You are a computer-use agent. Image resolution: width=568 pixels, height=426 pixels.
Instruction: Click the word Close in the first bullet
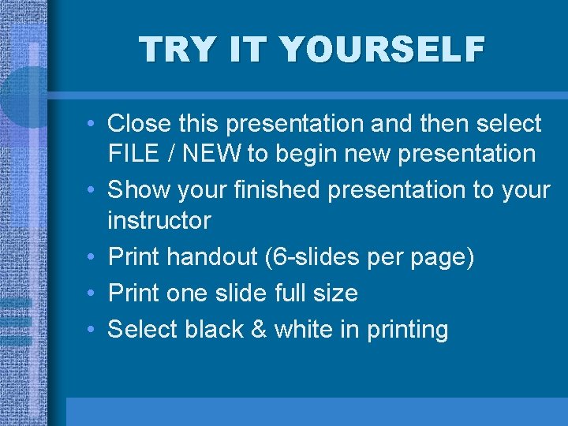coord(140,124)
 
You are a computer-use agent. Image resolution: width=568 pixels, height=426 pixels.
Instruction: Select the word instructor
coord(159,220)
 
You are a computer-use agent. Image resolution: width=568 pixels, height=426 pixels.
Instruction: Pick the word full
coord(293,293)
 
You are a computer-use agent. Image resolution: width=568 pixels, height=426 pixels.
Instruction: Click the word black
coord(218,329)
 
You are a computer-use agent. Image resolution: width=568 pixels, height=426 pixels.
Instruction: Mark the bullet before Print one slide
coord(92,294)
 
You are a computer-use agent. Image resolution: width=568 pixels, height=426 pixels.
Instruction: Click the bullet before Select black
coord(92,330)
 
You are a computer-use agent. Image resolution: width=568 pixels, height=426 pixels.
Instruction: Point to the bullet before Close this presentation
coord(92,125)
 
